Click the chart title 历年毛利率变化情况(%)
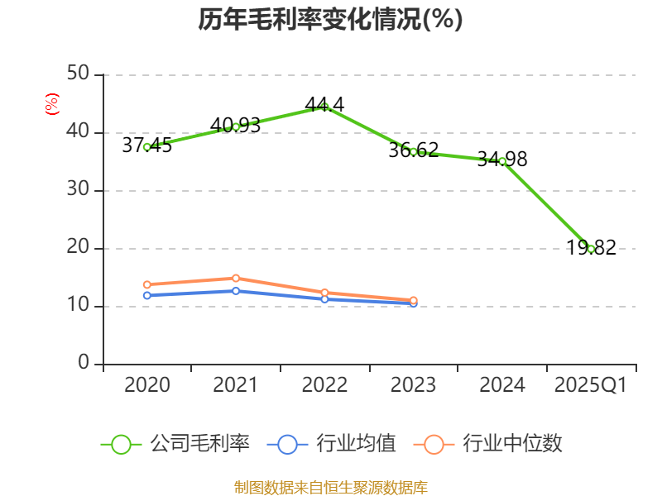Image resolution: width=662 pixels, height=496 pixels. [x=330, y=19]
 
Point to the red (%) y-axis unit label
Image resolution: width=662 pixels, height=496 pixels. [x=51, y=104]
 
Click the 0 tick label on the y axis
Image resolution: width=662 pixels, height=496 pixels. [x=84, y=364]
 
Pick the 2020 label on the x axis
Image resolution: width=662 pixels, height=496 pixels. [x=147, y=385]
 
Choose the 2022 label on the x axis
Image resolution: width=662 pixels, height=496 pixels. [x=324, y=385]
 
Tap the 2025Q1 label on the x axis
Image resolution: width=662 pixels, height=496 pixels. [x=590, y=385]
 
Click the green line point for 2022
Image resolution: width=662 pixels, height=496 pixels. [x=324, y=107]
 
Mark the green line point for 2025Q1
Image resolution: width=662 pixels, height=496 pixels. [x=591, y=248]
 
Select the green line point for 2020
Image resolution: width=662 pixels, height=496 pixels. [x=147, y=146]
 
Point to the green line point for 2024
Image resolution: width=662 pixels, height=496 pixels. [x=501, y=161]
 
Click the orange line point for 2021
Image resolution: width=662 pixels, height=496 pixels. [x=236, y=278]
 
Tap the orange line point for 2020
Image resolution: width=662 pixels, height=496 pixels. [x=147, y=284]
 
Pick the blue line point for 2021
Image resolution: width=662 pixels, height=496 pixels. [x=236, y=290]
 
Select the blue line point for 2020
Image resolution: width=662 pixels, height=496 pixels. [x=147, y=295]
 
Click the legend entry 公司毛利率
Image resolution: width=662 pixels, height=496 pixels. [x=175, y=444]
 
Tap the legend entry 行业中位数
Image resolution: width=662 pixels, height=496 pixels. [x=493, y=444]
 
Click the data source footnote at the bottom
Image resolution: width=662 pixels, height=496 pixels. [x=330, y=487]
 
